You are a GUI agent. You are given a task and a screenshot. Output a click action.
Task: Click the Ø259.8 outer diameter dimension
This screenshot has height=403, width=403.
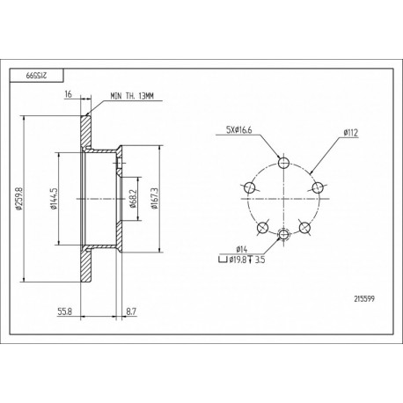(19, 199)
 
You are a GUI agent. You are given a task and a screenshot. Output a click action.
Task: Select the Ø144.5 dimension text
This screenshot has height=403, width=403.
(54, 199)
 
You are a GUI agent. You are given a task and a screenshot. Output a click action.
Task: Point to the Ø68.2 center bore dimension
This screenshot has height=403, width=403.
(133, 199)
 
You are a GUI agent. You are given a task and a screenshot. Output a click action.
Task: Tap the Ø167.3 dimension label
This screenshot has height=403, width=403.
(155, 199)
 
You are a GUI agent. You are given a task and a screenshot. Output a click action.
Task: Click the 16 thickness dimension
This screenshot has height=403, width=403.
(68, 94)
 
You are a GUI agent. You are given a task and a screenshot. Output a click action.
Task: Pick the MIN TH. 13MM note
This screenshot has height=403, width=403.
(132, 96)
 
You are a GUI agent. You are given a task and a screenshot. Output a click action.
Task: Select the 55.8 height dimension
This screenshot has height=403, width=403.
(64, 311)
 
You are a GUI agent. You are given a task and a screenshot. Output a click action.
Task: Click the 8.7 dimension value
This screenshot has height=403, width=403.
(131, 311)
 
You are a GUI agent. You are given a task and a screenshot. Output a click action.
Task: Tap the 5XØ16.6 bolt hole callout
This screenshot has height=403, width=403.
(239, 130)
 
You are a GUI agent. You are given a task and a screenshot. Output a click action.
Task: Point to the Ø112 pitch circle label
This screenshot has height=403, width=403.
(351, 133)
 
